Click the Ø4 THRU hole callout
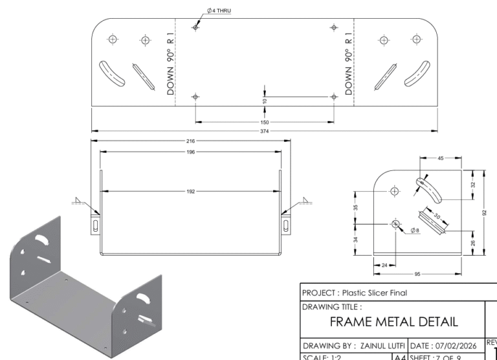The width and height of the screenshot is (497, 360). pos(219,11)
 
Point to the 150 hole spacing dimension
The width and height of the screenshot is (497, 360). pos(265,122)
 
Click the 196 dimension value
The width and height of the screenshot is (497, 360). pos(190,152)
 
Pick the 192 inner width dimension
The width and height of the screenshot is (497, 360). pos(190,192)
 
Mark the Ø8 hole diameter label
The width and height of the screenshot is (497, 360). pos(415,230)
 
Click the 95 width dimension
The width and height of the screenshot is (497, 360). pos(417,274)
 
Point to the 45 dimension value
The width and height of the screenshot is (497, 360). pos(441,158)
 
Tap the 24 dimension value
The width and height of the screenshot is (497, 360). pos(384,265)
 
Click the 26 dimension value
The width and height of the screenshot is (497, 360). pos(473,243)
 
